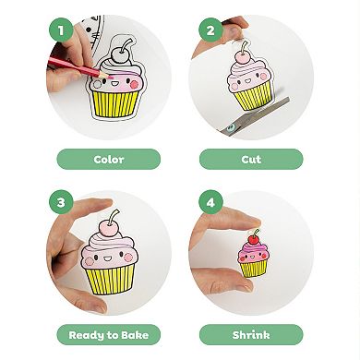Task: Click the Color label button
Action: click(109, 159)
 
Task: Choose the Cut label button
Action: click(251, 159)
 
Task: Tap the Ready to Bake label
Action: click(109, 334)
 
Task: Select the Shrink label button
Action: click(251, 334)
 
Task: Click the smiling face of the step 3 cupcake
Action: click(112, 254)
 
